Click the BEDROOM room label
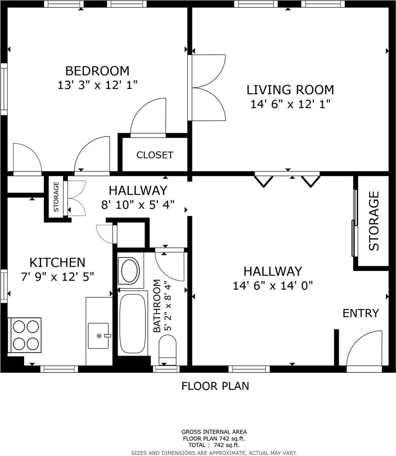[x=97, y=71]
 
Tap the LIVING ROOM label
[x=290, y=90]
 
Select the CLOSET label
[x=155, y=155]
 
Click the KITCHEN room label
[x=57, y=263]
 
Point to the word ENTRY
[x=360, y=313]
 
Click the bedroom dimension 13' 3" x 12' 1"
[x=97, y=85]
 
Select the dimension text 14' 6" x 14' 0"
[x=272, y=286]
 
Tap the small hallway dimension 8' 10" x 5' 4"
[x=138, y=204]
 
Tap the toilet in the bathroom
[x=168, y=349]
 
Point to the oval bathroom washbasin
[x=130, y=271]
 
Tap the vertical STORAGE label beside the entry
[x=374, y=221]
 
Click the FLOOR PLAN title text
[x=215, y=386]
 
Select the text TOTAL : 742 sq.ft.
[x=214, y=445]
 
